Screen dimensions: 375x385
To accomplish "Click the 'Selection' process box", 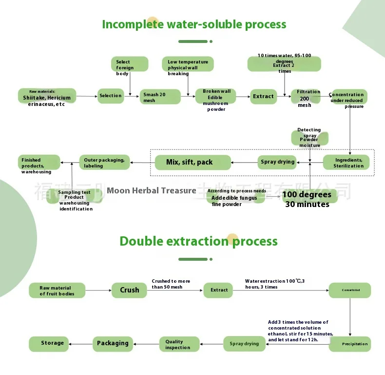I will (x=111, y=96).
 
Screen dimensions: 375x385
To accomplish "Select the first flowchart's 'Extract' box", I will (x=264, y=96).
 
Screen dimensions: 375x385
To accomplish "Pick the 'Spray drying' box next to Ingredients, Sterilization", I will (x=277, y=162).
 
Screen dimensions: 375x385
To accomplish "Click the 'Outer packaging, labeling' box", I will (x=104, y=163).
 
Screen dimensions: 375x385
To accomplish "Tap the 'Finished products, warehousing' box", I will (x=39, y=163).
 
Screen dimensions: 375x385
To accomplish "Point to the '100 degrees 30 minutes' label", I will (x=308, y=199).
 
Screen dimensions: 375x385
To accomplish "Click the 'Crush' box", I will (x=130, y=290).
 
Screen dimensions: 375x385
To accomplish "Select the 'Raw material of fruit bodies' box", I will (x=57, y=291).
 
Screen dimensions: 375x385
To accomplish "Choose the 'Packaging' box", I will (x=113, y=343).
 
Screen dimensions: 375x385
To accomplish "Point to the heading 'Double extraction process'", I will (x=198, y=241).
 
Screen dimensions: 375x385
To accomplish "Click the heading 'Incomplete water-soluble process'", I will (x=194, y=24).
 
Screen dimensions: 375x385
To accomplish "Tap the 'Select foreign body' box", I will (x=129, y=65).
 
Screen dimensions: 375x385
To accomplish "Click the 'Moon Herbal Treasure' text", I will (x=151, y=190).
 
